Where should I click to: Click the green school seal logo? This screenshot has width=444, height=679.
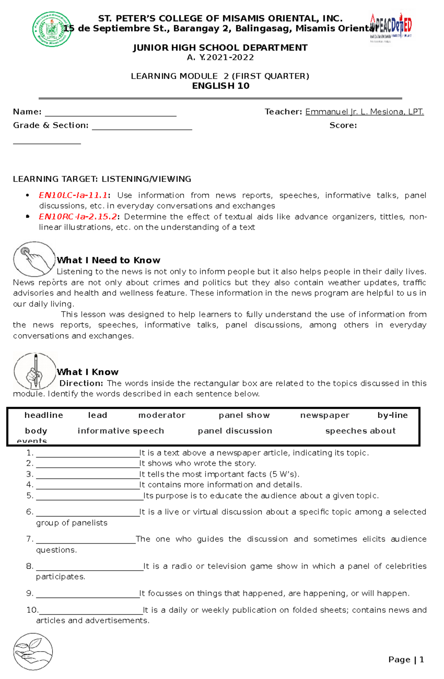coord(52,29)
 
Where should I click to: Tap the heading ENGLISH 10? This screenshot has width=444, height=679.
coord(221,86)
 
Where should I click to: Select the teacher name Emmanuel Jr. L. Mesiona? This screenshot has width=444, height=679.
coord(364,112)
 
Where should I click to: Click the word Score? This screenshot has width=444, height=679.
coord(343,125)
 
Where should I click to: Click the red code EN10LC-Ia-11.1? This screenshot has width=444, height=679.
coord(73,195)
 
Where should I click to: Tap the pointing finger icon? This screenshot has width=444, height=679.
coord(34,259)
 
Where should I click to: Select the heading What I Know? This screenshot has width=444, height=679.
coord(88,372)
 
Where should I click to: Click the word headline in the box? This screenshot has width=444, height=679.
coord(44,415)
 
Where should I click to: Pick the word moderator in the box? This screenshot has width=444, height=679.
coord(162,415)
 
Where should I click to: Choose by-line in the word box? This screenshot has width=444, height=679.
coord(392,415)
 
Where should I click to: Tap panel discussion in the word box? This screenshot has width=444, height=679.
coord(235,431)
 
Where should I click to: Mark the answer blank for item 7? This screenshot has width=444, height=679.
coord(86,540)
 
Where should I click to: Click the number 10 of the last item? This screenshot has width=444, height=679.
coord(32,610)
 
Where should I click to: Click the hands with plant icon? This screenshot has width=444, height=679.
coord(33,652)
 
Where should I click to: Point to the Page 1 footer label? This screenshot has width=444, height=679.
coord(406,660)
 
